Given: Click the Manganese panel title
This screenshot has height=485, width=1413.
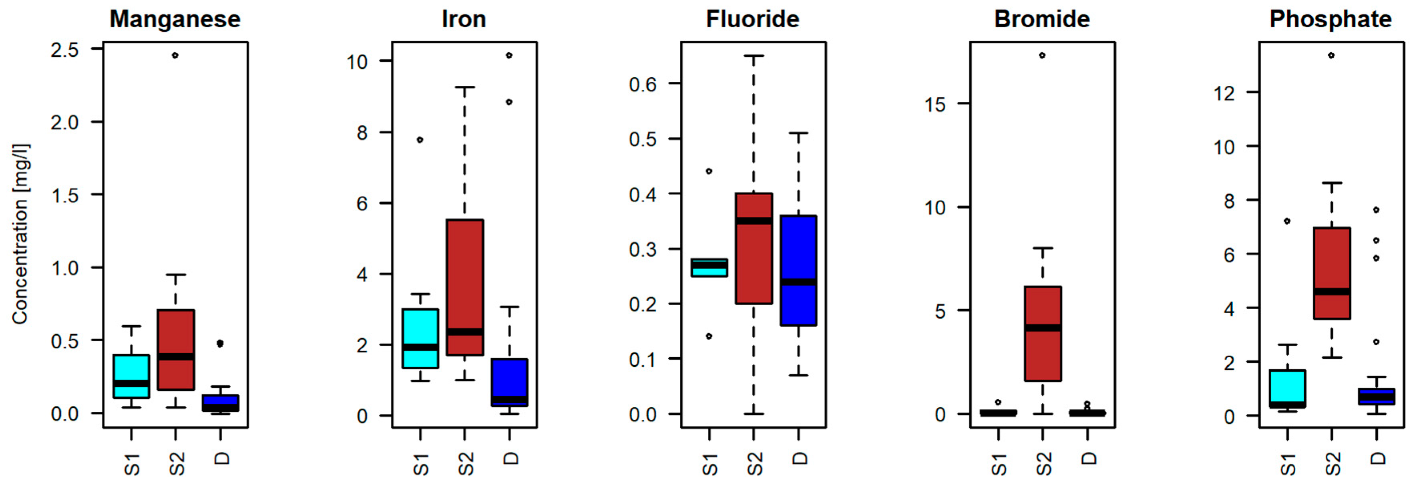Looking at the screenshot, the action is pyautogui.click(x=175, y=20).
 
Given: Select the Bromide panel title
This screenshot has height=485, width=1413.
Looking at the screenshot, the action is pyautogui.click(x=1042, y=20).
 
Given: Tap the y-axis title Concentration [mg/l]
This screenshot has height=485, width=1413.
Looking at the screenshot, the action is pyautogui.click(x=21, y=234).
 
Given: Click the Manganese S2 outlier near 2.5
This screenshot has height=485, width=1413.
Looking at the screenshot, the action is pyautogui.click(x=175, y=55).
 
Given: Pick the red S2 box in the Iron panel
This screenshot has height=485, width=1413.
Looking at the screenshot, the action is pyautogui.click(x=464, y=288).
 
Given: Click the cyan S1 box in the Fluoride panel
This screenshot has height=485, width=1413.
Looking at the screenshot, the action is pyautogui.click(x=709, y=268).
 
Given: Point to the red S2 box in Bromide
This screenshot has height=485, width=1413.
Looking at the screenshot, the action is pyautogui.click(x=1043, y=334).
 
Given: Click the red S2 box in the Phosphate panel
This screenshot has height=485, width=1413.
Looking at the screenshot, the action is pyautogui.click(x=1332, y=273).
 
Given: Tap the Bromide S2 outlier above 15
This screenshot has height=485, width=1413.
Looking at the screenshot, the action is pyautogui.click(x=1042, y=55).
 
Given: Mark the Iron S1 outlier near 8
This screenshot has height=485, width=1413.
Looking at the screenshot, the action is pyautogui.click(x=420, y=140).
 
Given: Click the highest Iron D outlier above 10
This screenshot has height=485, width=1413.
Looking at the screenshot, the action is pyautogui.click(x=510, y=55).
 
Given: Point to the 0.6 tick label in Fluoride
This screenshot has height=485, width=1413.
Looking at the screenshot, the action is pyautogui.click(x=643, y=85).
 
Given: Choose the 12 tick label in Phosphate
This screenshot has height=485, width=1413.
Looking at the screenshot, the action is pyautogui.click(x=1224, y=93).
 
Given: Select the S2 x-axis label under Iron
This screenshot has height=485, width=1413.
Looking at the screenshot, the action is pyautogui.click(x=466, y=464).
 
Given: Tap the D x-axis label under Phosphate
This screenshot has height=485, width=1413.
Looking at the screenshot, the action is pyautogui.click(x=1377, y=458).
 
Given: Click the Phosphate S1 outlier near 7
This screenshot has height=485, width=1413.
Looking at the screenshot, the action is pyautogui.click(x=1287, y=221).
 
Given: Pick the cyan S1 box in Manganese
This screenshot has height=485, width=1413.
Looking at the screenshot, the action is pyautogui.click(x=131, y=376).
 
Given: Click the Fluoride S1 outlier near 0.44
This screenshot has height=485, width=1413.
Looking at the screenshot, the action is pyautogui.click(x=709, y=171).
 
